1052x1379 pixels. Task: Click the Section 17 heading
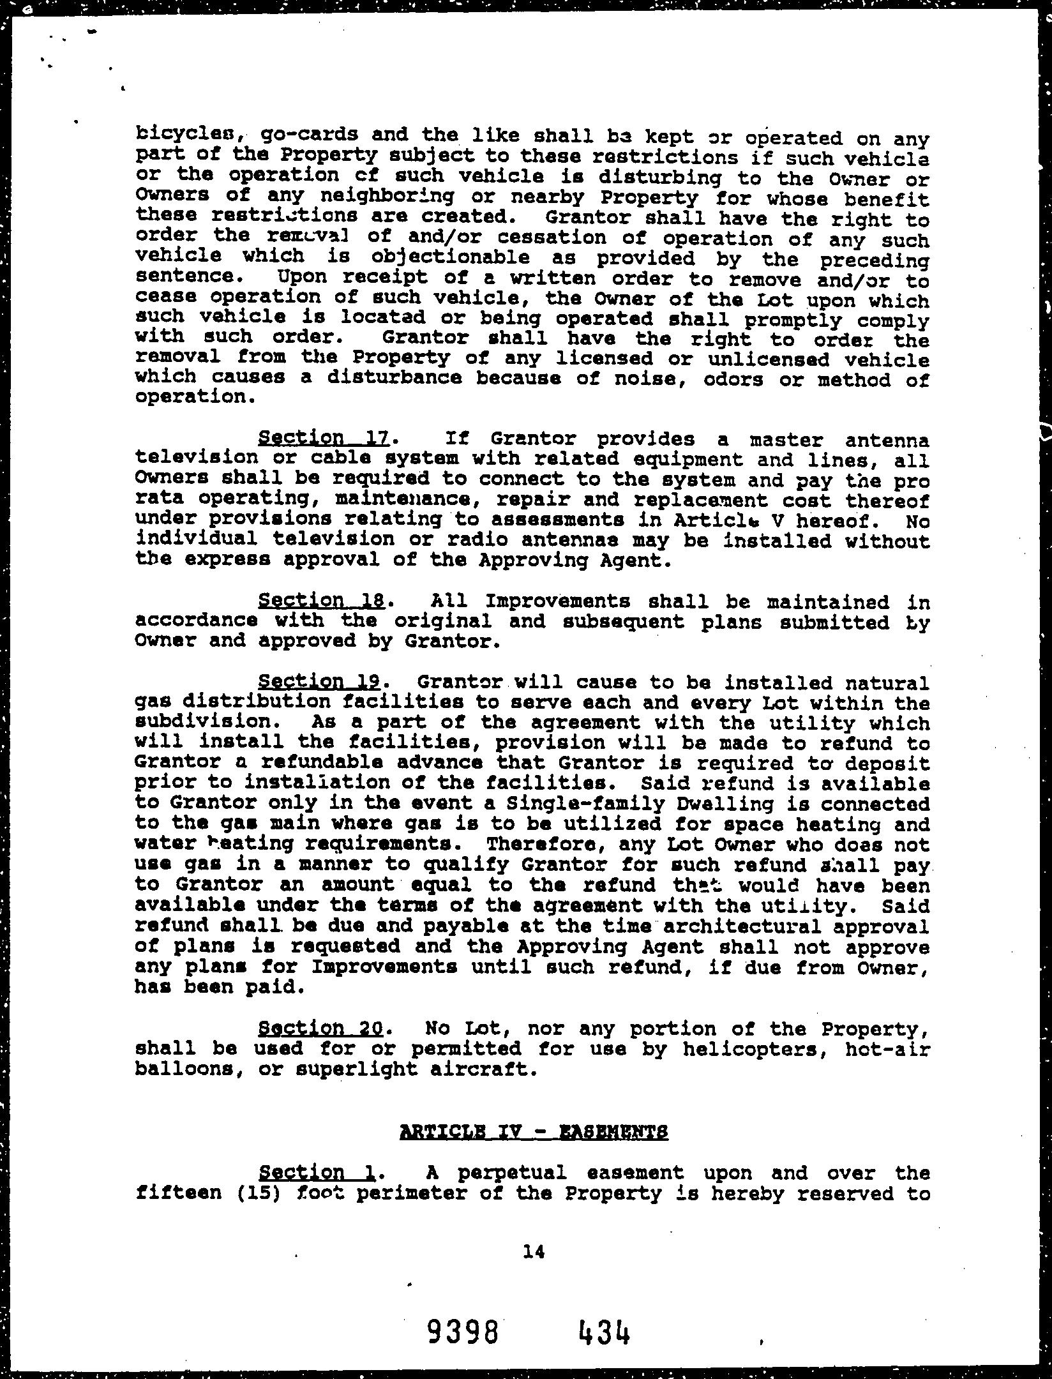coord(323,438)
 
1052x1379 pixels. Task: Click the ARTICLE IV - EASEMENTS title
coord(534,1132)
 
